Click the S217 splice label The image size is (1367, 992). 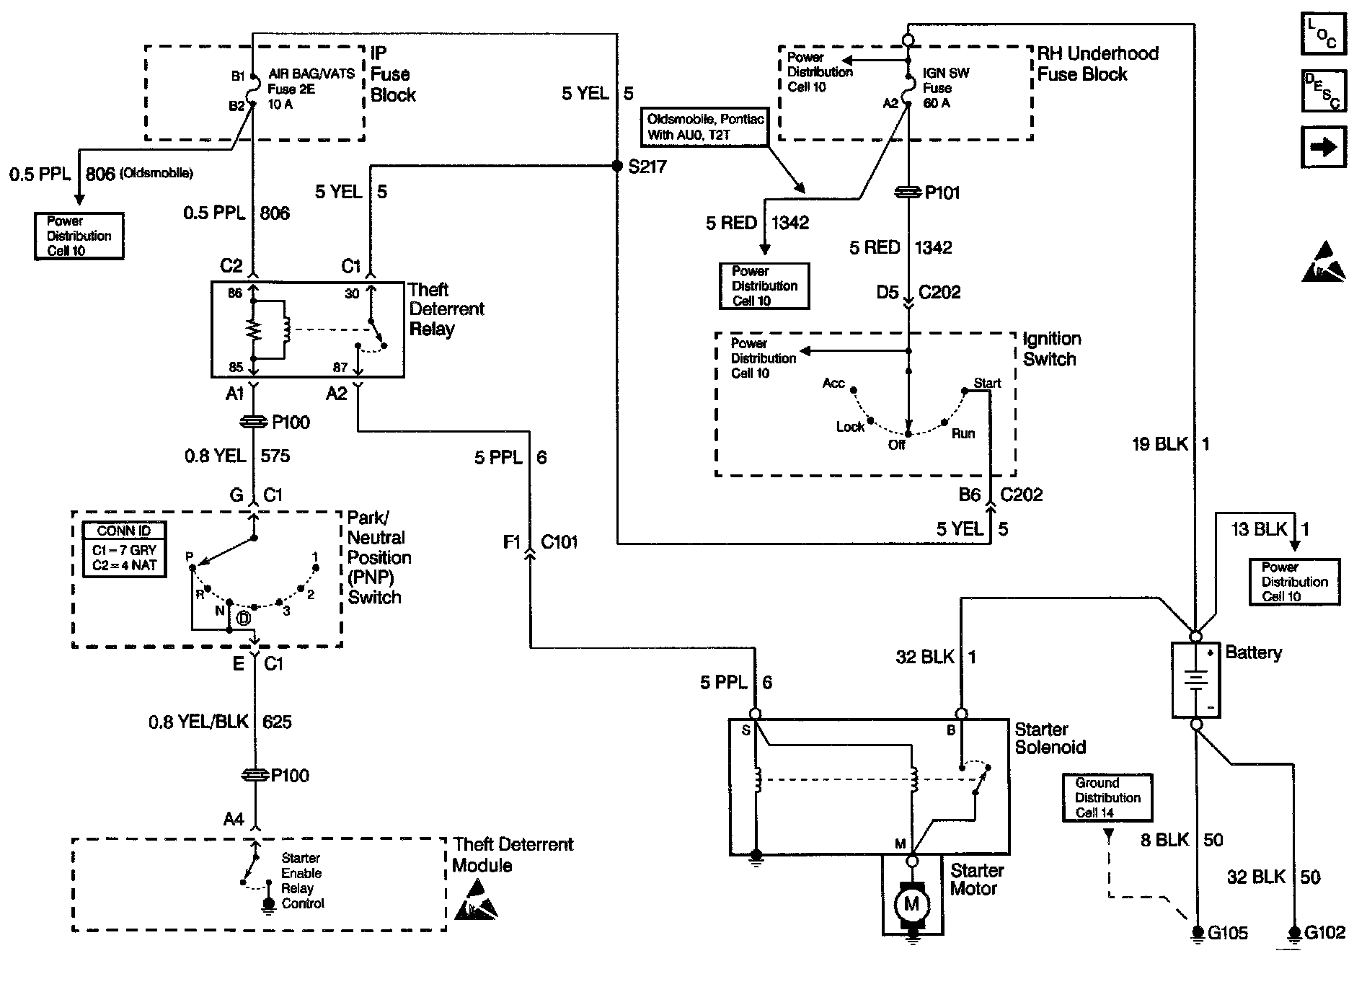pyautogui.click(x=647, y=167)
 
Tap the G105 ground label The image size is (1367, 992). pyautogui.click(x=1228, y=933)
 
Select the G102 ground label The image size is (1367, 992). pyautogui.click(x=1325, y=933)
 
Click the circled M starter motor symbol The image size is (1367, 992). pyautogui.click(x=912, y=903)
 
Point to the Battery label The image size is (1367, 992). pyautogui.click(x=1254, y=653)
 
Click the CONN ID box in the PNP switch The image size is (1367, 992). pyautogui.click(x=124, y=549)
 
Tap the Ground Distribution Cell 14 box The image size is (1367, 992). pyautogui.click(x=1107, y=797)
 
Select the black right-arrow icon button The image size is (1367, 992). pyautogui.click(x=1323, y=147)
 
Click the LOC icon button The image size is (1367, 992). pyautogui.click(x=1323, y=33)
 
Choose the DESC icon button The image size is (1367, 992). pyautogui.click(x=1323, y=90)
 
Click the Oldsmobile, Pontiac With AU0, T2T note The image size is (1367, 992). pyautogui.click(x=705, y=127)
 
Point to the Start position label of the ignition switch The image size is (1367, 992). pyautogui.click(x=987, y=383)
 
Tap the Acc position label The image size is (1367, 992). pyautogui.click(x=833, y=383)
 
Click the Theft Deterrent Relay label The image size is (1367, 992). pyautogui.click(x=446, y=309)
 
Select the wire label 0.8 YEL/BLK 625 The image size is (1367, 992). pyautogui.click(x=220, y=722)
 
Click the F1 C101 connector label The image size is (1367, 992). pyautogui.click(x=540, y=541)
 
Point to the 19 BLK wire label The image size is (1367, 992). pyautogui.click(x=1159, y=444)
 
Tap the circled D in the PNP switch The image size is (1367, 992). pyautogui.click(x=244, y=618)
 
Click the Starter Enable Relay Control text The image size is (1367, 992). pyautogui.click(x=303, y=880)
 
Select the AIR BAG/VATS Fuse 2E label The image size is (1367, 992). pyautogui.click(x=311, y=89)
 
